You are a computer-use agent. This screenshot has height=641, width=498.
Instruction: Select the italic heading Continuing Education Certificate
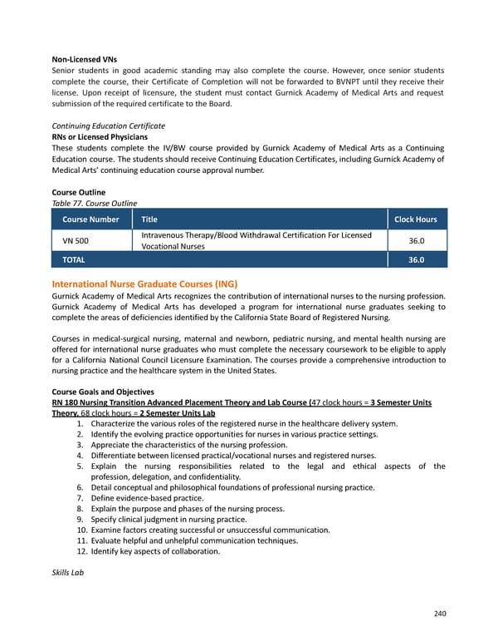pos(108,126)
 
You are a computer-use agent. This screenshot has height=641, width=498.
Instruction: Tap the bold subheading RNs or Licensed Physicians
pos(100,136)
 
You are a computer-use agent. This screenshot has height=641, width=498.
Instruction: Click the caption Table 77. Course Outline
pos(94,203)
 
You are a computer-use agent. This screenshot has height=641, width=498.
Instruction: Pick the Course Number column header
pos(90,219)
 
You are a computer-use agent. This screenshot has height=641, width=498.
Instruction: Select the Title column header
pos(149,219)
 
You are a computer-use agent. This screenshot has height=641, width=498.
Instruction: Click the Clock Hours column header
pos(415,219)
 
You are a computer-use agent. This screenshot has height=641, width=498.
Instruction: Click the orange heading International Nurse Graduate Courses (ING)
pos(144,284)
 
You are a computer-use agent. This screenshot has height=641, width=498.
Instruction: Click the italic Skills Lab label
pos(68,573)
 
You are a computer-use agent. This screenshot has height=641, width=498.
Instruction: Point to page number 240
pos(439,614)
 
